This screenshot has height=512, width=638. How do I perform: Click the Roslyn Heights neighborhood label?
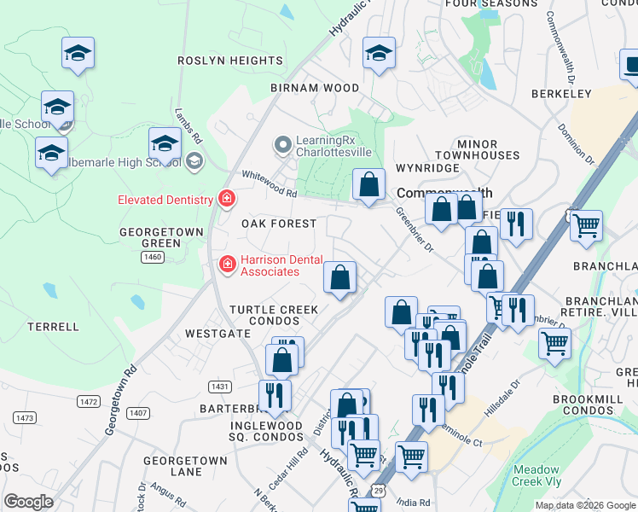229,61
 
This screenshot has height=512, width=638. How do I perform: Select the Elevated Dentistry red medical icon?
227,200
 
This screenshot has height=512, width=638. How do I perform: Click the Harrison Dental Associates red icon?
228,265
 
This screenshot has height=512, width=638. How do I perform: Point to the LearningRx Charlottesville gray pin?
283,145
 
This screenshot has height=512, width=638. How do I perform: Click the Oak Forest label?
278,224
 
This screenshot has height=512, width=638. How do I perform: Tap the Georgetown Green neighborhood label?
161,237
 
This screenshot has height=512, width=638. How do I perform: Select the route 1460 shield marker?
154,256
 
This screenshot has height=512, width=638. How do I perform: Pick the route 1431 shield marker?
220,387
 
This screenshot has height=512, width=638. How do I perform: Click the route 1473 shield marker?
26,417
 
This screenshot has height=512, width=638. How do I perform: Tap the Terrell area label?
53,327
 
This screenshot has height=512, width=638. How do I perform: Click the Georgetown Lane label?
185,466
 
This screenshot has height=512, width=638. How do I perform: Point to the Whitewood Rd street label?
269,194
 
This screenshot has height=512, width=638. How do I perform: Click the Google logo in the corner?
28,502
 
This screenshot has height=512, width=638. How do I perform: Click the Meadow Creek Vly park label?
536,475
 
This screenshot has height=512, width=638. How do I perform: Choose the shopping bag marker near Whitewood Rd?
368,185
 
